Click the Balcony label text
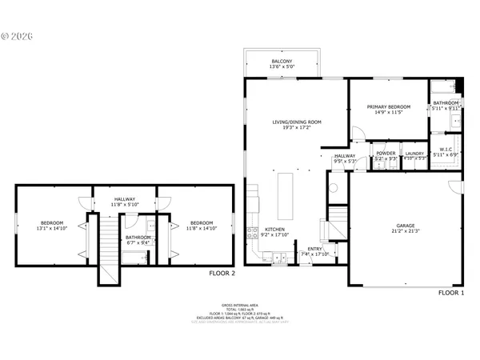[x=281, y=61]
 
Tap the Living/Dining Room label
[x=296, y=122]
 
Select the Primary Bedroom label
[x=389, y=106]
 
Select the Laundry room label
[x=414, y=153]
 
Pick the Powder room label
[x=386, y=153]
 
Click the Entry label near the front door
[x=314, y=249]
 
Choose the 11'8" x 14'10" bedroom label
[x=201, y=222]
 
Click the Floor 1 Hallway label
[x=344, y=156]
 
